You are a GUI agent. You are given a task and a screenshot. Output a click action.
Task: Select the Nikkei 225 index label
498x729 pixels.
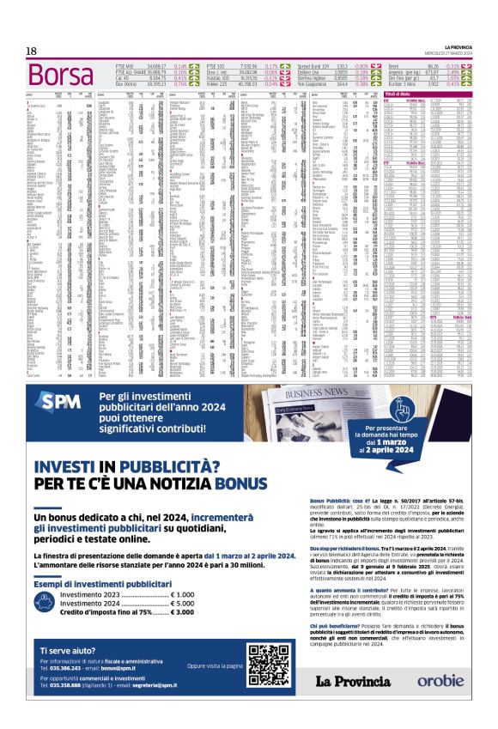[x=218, y=84]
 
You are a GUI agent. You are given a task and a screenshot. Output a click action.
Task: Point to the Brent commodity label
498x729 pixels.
[x=396, y=64]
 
